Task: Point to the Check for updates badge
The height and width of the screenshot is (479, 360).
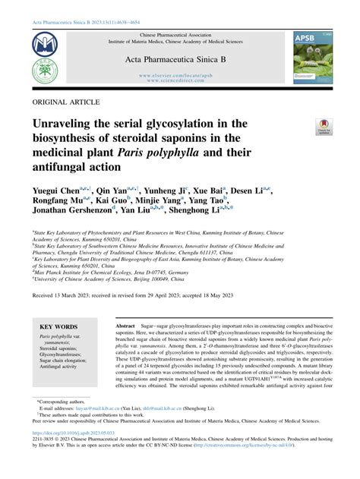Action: [x=324, y=127]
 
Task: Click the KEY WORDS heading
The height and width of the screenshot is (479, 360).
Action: [x=60, y=323]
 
